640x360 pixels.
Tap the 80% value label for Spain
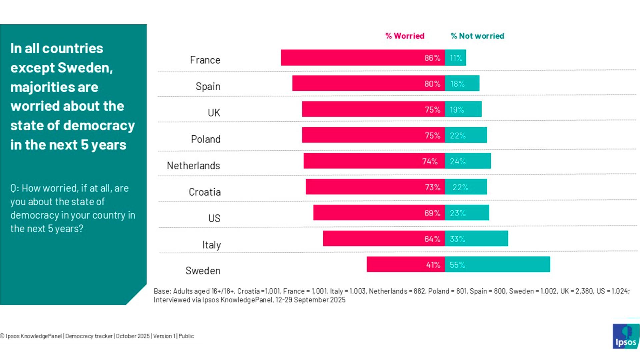pyautogui.click(x=432, y=84)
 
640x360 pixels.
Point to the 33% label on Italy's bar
pyautogui.click(x=457, y=239)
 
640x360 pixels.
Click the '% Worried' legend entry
pyautogui.click(x=405, y=36)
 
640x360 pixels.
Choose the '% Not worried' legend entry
pyautogui.click(x=477, y=36)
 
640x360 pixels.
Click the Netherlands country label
pyautogui.click(x=193, y=165)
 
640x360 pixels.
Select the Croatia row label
pyautogui.click(x=205, y=192)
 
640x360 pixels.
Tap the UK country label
pyautogui.click(x=214, y=113)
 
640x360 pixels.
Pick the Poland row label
pyautogui.click(x=206, y=139)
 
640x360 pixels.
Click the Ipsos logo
pyautogui.click(x=626, y=337)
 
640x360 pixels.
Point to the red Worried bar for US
pyautogui.click(x=367, y=213)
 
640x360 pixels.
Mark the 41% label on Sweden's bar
pyautogui.click(x=433, y=265)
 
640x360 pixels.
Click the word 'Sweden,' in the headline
pyautogui.click(x=85, y=68)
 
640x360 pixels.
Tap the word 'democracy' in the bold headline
pyautogui.click(x=99, y=125)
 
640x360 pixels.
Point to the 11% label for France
pyautogui.click(x=456, y=58)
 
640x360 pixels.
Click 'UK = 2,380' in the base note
pyautogui.click(x=577, y=291)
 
